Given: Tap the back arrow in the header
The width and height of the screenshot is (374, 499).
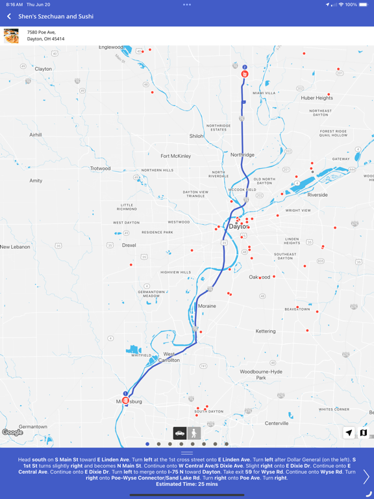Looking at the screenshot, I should [9, 16].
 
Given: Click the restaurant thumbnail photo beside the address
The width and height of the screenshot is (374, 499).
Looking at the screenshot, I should [11, 36].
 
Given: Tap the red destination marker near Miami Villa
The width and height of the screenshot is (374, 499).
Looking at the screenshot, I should [245, 74].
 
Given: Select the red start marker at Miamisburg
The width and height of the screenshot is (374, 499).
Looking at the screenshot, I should [125, 400].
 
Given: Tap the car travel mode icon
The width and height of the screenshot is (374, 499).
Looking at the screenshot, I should [180, 433].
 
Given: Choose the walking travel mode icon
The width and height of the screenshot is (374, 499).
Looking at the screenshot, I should [193, 433].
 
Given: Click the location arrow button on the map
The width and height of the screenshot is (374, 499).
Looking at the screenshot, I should [349, 433].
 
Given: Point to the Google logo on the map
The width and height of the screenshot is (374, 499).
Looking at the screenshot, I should [12, 433].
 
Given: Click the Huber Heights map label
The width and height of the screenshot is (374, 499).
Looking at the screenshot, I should [317, 98].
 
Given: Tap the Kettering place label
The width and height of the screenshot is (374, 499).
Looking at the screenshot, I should [265, 331].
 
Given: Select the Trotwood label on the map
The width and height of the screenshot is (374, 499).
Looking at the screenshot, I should [101, 169].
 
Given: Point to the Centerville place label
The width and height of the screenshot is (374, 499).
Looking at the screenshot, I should [277, 424].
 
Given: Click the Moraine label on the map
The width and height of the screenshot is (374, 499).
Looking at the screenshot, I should [207, 306].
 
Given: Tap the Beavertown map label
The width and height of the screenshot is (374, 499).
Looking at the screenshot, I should [297, 309].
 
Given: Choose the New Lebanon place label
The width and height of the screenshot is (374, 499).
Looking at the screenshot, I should [14, 247].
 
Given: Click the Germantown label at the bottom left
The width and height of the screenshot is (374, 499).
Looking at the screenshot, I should [33, 427].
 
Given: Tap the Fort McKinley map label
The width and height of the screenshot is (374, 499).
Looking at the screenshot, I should [175, 156].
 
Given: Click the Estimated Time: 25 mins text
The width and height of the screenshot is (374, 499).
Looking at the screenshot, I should [186, 484].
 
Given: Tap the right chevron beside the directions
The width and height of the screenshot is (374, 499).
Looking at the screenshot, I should [366, 476].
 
